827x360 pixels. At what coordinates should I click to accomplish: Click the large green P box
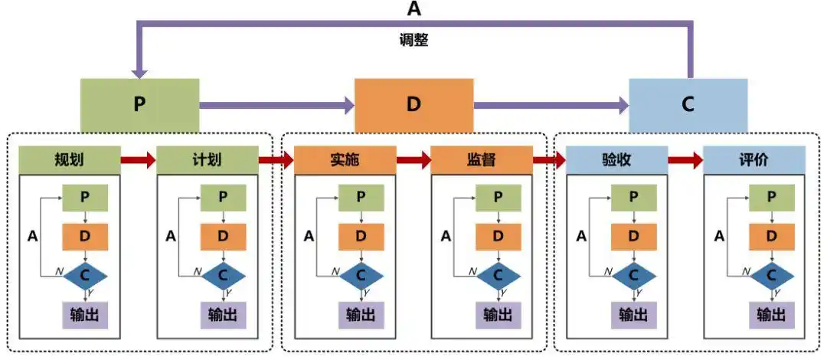tap(139, 105)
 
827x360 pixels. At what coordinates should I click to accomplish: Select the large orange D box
tap(413, 105)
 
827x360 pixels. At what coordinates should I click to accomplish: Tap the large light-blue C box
tap(688, 105)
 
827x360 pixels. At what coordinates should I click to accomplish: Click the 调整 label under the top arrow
tap(414, 41)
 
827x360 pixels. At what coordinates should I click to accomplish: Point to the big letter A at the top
tap(414, 8)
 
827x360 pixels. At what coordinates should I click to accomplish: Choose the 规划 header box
tap(69, 160)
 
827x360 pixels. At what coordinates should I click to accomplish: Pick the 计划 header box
tap(207, 160)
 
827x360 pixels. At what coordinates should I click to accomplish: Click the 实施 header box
tap(345, 160)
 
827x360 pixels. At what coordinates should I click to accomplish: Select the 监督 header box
tap(482, 160)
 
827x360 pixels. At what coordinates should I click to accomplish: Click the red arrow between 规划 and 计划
tap(138, 160)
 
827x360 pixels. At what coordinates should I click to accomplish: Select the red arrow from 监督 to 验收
tap(549, 160)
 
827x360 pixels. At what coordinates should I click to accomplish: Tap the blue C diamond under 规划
tap(86, 273)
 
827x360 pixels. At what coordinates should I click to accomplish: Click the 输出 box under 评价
tap(771, 315)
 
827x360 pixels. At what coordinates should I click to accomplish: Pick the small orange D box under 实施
tap(361, 236)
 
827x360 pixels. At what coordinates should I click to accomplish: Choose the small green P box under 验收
tap(633, 197)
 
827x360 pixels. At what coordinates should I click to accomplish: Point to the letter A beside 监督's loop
tap(446, 236)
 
